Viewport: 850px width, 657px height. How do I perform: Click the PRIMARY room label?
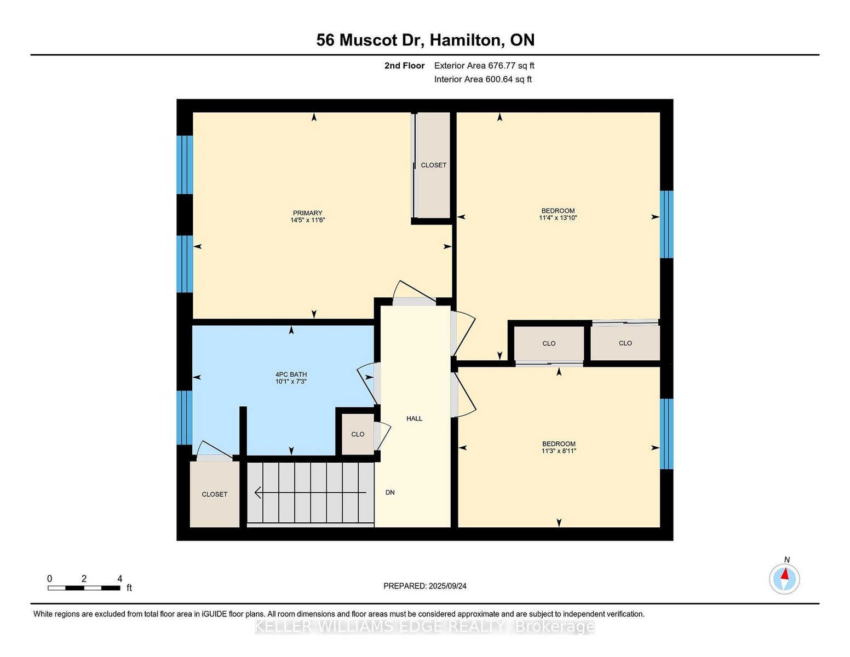click(307, 213)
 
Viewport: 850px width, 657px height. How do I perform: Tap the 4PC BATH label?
click(291, 374)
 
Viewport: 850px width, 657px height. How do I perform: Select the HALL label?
click(414, 419)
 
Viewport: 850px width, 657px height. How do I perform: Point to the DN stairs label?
click(390, 492)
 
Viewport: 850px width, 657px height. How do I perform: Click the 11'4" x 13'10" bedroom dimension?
click(558, 218)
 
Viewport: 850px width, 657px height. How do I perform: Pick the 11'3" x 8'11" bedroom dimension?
click(559, 451)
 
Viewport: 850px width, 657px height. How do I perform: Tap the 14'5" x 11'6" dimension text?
click(307, 220)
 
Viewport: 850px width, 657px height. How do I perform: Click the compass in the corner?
click(784, 579)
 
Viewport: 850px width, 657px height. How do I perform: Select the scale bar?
click(84, 588)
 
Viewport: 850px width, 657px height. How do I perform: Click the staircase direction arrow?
click(311, 492)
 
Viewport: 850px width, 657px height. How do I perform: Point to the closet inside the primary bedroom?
click(433, 165)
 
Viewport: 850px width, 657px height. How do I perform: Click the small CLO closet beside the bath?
click(358, 434)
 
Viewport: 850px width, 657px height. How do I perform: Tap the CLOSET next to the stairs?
click(214, 494)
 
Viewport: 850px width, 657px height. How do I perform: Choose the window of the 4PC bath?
click(185, 417)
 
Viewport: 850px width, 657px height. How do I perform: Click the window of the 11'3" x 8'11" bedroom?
click(667, 434)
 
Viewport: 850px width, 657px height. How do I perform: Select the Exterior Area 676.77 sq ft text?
click(484, 66)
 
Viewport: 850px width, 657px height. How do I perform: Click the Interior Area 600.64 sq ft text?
click(483, 79)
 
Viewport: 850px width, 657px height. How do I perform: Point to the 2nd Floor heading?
click(405, 66)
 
